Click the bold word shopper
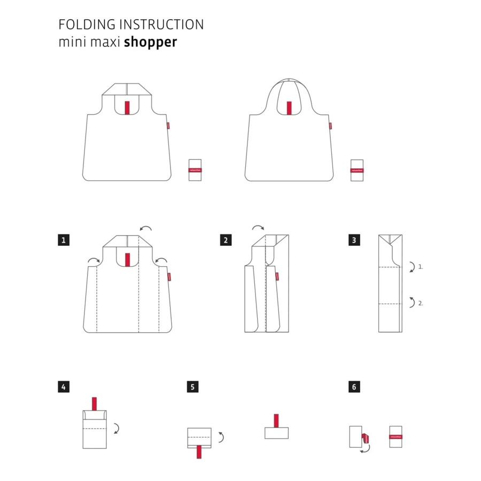pos(150,43)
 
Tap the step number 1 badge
pos(64,240)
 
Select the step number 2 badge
pos(226,240)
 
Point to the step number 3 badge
pos(353,240)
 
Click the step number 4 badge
pos(64,386)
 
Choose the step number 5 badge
pos(192,386)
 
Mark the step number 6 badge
pos(353,386)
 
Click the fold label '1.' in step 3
pos(421,266)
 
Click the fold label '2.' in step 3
pos(421,303)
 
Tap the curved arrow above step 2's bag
pos(258,228)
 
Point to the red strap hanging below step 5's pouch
pos(199,451)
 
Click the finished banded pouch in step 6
pos(395,437)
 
